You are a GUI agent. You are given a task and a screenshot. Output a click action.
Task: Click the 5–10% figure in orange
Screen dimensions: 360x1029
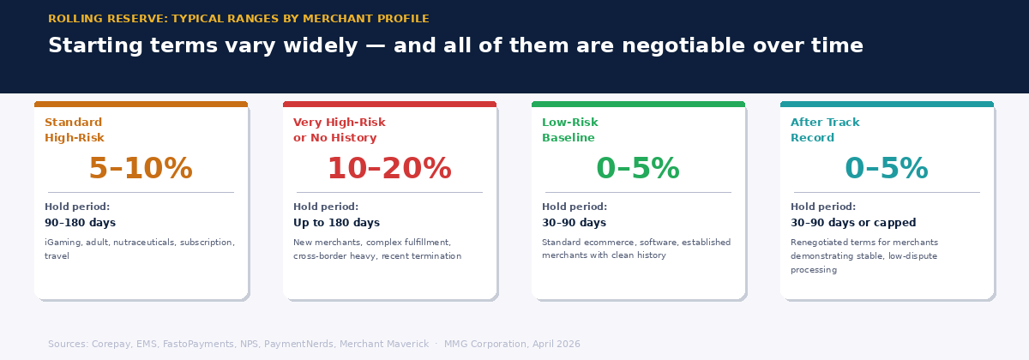point(141,169)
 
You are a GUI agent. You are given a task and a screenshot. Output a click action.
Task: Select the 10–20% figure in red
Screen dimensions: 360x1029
point(389,169)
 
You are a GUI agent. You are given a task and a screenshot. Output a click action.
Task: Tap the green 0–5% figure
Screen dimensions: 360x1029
point(638,169)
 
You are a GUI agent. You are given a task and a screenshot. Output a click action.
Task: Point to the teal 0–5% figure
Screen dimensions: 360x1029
point(887,169)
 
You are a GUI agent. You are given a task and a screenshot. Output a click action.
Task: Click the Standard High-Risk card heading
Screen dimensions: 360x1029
point(75,130)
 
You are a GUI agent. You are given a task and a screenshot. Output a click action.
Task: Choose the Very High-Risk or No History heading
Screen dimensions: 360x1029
point(340,130)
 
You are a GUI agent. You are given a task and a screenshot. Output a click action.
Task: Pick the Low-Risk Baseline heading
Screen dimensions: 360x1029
point(570,130)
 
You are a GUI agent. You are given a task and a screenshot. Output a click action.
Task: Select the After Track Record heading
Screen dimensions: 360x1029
point(825,130)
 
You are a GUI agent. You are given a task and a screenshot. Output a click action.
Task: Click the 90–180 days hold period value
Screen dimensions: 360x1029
point(80,223)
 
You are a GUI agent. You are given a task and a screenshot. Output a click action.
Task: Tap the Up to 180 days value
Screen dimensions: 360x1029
point(336,223)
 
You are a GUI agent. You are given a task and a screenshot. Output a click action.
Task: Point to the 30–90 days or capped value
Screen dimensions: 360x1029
point(853,223)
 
